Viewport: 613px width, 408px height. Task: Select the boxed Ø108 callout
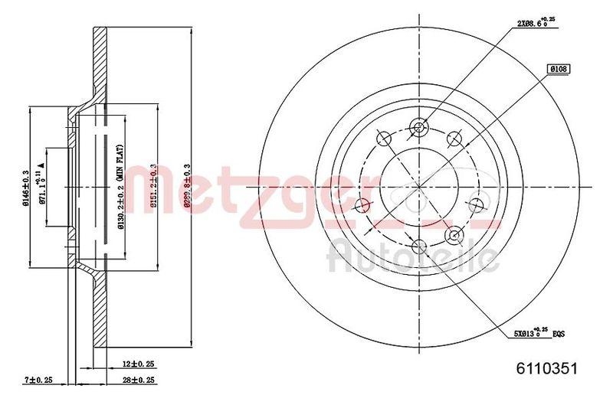(x=557, y=69)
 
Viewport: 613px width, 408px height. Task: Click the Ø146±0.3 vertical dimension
(x=26, y=187)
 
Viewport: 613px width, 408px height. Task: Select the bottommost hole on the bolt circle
(x=418, y=246)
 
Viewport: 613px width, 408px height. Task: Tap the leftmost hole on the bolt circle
(x=362, y=204)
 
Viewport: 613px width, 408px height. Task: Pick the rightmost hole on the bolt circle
(x=474, y=204)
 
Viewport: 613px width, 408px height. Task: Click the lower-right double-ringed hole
(x=454, y=235)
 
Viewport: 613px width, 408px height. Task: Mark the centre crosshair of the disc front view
(x=418, y=186)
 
